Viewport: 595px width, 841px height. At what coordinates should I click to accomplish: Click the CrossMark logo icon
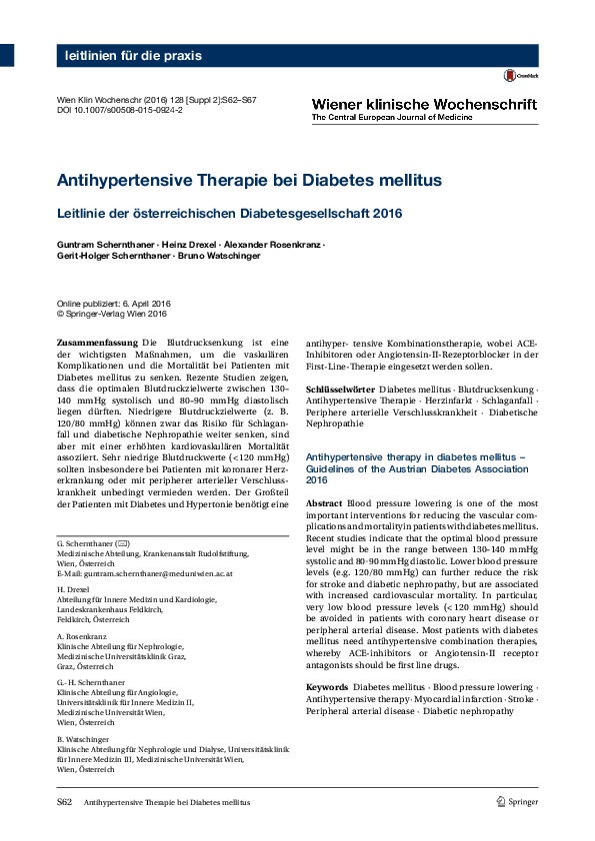(x=515, y=75)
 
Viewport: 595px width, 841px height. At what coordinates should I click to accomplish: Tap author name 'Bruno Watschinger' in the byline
(x=226, y=256)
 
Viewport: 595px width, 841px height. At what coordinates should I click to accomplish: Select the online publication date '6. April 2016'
(x=149, y=303)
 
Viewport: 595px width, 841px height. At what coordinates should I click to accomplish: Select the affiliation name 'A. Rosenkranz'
(x=82, y=635)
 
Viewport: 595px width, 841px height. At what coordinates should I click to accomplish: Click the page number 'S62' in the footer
(x=63, y=802)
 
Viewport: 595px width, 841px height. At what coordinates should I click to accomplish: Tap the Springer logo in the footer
(x=517, y=802)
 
